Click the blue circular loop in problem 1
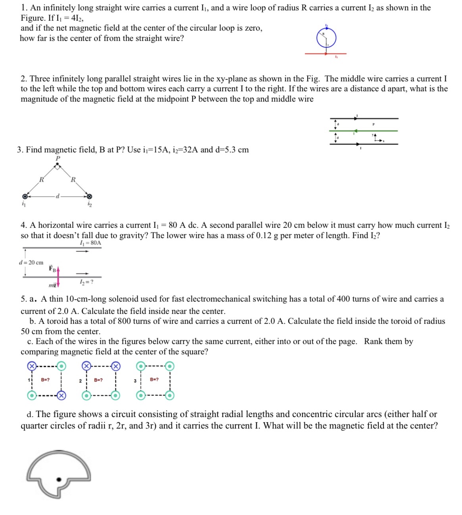pyautogui.click(x=318, y=38)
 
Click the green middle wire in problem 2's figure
pyautogui.click(x=381, y=131)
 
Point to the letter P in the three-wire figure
pyautogui.click(x=373, y=124)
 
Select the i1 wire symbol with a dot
pyautogui.click(x=25, y=196)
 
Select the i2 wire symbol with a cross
pyautogui.click(x=89, y=196)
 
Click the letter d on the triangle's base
pyautogui.click(x=58, y=196)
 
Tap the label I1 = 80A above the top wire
pyautogui.click(x=90, y=243)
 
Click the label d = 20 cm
pyautogui.click(x=31, y=263)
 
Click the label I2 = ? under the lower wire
pyautogui.click(x=87, y=282)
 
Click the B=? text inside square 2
pyautogui.click(x=98, y=380)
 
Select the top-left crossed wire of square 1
pyautogui.click(x=31, y=366)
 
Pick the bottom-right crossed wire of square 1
pyautogui.click(x=61, y=395)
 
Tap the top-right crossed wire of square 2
pyautogui.click(x=115, y=366)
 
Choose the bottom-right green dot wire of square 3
pyautogui.click(x=169, y=395)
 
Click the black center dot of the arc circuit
pyautogui.click(x=59, y=479)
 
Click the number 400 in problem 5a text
pyautogui.click(x=343, y=299)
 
